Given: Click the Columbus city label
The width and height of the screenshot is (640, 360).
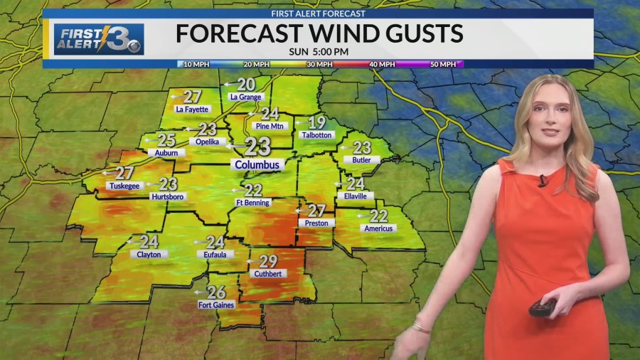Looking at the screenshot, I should point(257,165).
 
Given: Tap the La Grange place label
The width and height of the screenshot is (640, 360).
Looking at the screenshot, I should point(246,97).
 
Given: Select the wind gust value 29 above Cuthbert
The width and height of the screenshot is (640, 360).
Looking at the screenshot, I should point(268,261).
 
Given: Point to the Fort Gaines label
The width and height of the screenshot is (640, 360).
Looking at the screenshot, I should point(215,305).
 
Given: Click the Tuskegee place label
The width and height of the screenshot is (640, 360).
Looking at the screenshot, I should point(124,186).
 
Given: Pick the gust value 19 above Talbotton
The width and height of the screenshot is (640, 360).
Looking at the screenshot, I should point(316,122).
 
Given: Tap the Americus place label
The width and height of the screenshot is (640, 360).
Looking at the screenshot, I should point(378,228).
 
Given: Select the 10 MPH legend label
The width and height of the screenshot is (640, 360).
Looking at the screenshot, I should point(196,64).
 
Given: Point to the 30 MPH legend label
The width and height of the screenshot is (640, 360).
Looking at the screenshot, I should point(319,64).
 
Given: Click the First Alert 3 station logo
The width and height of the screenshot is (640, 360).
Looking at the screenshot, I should point(99,39).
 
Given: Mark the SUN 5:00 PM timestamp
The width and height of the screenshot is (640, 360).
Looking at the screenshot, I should point(318,51).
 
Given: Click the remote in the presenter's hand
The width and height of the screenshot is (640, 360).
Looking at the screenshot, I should point(542,307).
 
